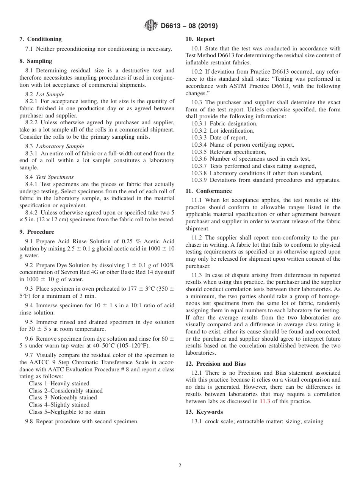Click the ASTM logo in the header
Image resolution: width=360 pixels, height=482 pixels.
151,26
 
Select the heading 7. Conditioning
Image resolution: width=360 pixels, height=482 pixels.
41,39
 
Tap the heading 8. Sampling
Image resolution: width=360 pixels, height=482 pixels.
36,61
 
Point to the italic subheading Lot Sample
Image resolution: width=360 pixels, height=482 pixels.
50,94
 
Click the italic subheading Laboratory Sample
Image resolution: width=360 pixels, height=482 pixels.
60,146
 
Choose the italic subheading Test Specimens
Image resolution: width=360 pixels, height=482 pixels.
55,177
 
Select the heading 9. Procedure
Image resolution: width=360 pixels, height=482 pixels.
37,232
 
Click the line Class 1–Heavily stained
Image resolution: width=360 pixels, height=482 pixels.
59,383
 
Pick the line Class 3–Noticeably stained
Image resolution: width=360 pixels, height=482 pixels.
63,397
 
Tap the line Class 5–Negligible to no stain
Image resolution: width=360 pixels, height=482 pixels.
67,412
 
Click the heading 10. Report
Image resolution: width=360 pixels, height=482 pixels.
200,39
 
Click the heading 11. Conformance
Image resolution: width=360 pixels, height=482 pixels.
209,191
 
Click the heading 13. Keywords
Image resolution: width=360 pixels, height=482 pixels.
204,412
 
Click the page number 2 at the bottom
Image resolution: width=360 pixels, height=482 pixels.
180,466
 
